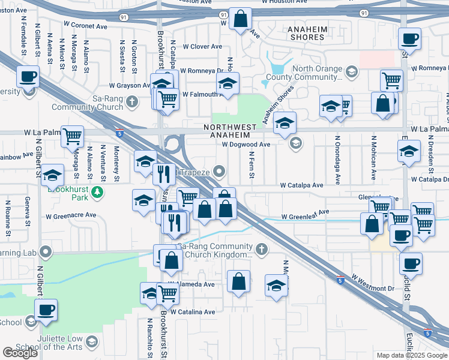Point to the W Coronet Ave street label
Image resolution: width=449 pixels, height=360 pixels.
pos(85,26)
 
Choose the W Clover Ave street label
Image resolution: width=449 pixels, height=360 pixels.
pos(203,46)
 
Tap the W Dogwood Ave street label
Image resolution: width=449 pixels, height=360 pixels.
pos(246,144)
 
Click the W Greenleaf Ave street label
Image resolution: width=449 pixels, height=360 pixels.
pos(306,214)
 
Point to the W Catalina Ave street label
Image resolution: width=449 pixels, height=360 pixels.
pos(192,312)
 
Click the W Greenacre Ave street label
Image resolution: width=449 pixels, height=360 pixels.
pos(73,215)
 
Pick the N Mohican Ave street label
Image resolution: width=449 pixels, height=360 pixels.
pos(373,162)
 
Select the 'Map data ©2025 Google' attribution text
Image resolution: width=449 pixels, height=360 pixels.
pos(412,355)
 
